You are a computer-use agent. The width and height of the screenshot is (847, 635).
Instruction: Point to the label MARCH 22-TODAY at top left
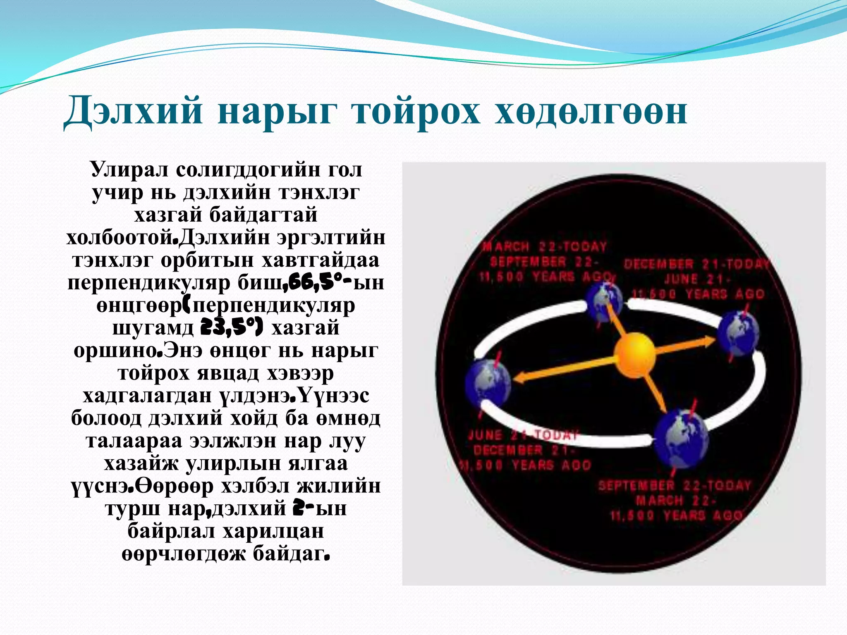tap(544, 247)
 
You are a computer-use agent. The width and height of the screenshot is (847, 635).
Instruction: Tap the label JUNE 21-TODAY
tap(523, 435)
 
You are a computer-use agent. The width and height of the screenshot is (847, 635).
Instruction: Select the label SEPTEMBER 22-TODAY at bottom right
tap(674, 486)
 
